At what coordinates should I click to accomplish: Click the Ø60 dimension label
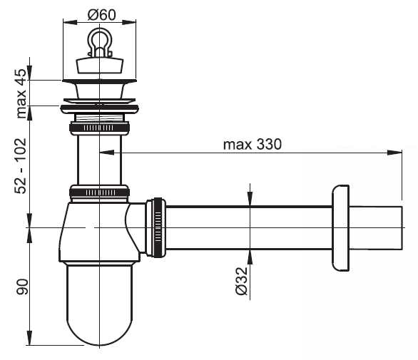(x=101, y=15)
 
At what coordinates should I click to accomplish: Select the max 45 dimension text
(x=21, y=93)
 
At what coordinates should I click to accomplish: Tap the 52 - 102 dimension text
(x=21, y=166)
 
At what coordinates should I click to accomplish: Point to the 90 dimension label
(x=22, y=287)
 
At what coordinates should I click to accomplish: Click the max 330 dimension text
(x=253, y=145)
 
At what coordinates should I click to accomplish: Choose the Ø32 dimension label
(x=242, y=281)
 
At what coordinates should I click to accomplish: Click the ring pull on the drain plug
(x=99, y=42)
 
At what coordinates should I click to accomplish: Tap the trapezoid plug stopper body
(x=100, y=65)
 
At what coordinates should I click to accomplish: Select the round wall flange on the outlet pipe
(x=340, y=228)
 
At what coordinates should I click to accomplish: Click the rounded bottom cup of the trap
(x=99, y=304)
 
